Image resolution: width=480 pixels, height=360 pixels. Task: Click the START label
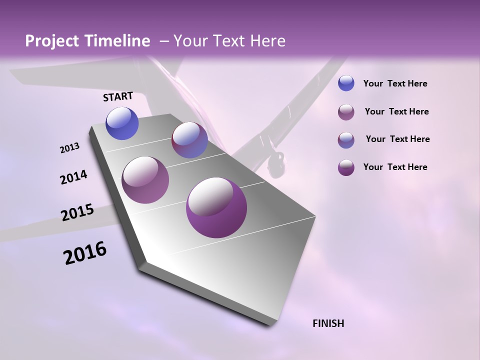(x=118, y=96)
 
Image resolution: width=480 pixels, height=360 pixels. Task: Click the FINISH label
(x=328, y=323)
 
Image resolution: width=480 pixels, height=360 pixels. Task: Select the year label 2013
(x=69, y=148)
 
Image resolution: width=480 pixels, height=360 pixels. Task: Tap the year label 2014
(x=73, y=177)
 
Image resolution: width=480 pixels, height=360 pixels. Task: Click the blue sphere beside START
(x=122, y=123)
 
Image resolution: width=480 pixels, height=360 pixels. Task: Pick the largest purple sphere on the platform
(x=216, y=207)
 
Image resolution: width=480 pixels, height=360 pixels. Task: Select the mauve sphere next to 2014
(x=145, y=180)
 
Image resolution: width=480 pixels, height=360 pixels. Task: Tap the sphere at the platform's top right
(x=189, y=140)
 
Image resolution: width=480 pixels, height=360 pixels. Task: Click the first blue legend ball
(x=346, y=83)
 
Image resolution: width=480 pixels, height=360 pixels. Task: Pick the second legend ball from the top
(x=346, y=112)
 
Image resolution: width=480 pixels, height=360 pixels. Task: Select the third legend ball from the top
(x=346, y=140)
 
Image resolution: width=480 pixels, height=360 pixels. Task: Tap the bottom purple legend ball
(x=346, y=167)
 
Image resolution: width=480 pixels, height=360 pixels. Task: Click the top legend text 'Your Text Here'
(x=395, y=84)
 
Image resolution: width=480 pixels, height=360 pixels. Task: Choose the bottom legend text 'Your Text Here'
(x=395, y=167)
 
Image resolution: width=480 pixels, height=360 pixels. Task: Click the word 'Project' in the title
(x=52, y=41)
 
